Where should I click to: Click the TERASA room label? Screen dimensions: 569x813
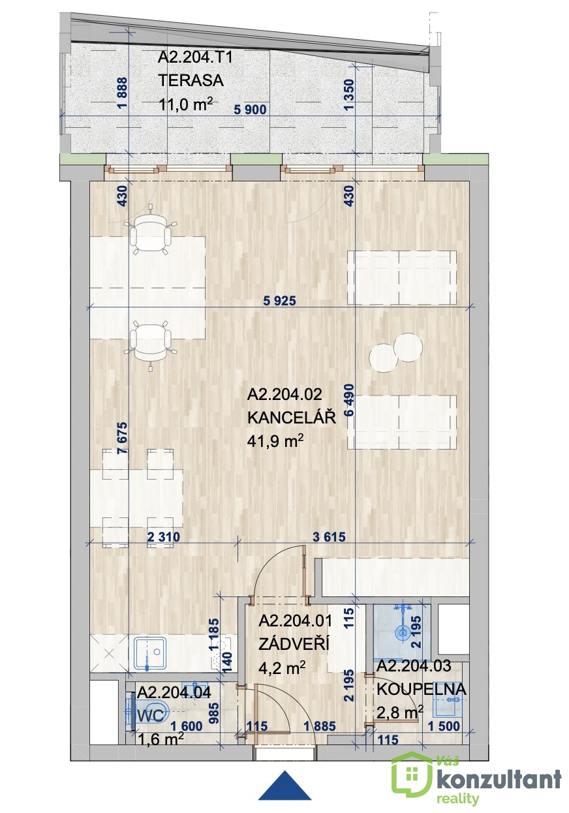(x=191, y=80)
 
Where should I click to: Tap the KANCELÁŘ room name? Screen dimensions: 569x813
(x=292, y=418)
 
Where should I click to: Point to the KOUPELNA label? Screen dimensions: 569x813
(x=422, y=689)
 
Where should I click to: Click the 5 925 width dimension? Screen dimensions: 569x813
(x=280, y=301)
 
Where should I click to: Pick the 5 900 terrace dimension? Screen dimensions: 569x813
(x=250, y=109)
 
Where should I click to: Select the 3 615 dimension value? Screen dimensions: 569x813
(x=329, y=537)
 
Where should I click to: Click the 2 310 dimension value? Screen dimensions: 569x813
(x=164, y=537)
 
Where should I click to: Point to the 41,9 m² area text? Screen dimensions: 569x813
(x=275, y=441)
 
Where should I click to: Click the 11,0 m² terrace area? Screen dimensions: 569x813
(x=185, y=104)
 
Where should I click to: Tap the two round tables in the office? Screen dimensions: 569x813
(x=395, y=353)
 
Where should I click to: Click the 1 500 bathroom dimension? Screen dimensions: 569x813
(x=444, y=727)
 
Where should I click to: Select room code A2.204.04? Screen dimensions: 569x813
(x=174, y=692)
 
